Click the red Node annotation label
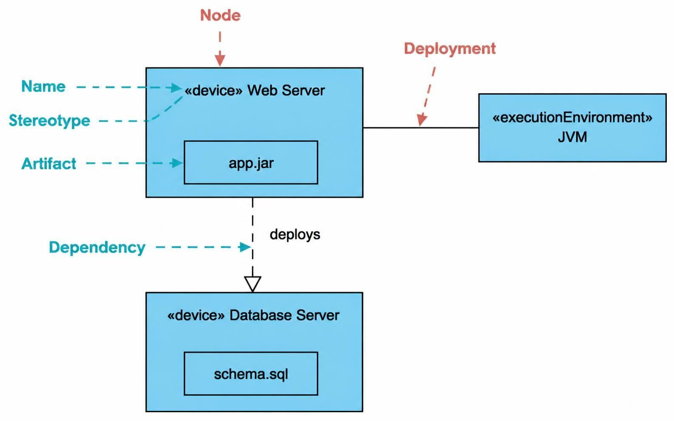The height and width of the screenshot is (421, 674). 220,15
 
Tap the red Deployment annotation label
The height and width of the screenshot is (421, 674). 450,49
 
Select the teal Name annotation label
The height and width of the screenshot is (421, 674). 43,87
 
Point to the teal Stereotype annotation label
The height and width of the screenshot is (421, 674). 49,121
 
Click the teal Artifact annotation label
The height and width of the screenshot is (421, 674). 49,164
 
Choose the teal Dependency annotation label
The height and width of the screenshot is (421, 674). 97,247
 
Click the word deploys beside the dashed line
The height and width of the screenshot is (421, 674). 295,234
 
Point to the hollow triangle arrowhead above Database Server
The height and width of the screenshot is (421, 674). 252,284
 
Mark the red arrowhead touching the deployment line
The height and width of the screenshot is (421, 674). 422,120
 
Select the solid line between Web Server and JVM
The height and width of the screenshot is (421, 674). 421,128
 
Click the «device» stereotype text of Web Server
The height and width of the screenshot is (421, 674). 213,90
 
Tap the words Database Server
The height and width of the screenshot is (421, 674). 284,315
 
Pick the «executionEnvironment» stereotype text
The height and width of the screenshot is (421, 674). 572,118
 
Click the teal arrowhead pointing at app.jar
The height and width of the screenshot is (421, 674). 176,163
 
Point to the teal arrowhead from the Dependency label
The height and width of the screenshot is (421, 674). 244,247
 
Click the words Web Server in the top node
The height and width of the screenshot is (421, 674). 286,90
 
